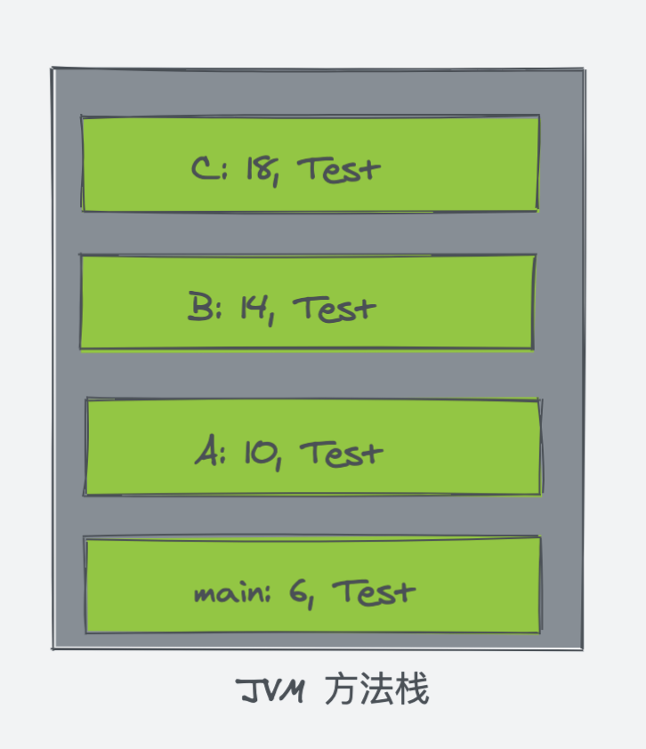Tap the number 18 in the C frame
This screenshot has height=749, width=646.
click(x=260, y=169)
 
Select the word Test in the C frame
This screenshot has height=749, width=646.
click(x=339, y=170)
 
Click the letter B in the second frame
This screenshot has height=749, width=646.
click(x=199, y=306)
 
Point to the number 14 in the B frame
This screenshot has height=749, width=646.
click(x=254, y=307)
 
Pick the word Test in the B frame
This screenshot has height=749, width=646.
click(x=335, y=308)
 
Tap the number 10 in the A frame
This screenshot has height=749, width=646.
click(x=260, y=452)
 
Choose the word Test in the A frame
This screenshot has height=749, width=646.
click(x=341, y=453)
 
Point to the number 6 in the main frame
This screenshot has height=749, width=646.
click(x=297, y=592)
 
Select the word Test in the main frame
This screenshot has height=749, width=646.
click(x=374, y=592)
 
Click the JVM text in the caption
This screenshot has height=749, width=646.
click(x=271, y=690)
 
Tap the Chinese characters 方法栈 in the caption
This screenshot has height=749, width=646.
click(x=377, y=689)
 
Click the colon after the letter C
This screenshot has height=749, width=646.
click(x=225, y=170)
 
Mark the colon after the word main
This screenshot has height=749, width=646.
click(x=267, y=593)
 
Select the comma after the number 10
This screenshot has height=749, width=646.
click(x=279, y=463)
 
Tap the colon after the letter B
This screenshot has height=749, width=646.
click(x=218, y=310)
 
